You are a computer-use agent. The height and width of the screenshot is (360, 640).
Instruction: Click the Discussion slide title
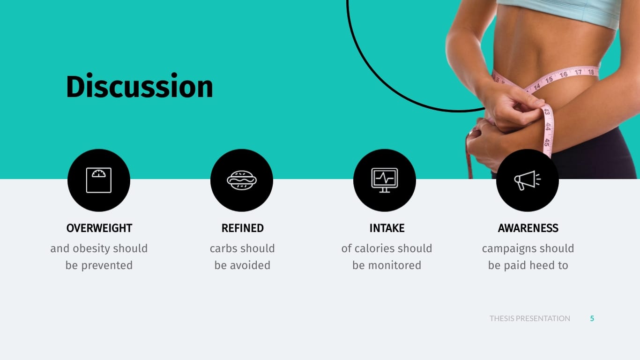[x=140, y=86]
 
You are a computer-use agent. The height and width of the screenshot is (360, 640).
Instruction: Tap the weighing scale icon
[x=99, y=180]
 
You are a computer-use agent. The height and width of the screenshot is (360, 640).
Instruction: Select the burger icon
[x=242, y=180]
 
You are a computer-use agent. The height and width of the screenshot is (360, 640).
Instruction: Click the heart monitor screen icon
[x=385, y=180]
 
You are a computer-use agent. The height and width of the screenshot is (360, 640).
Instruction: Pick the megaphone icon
[x=528, y=180]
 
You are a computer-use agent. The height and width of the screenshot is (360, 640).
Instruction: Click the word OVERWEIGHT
[x=99, y=228]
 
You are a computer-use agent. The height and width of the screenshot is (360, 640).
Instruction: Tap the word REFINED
[x=243, y=228]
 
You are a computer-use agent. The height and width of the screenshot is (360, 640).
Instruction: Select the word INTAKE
[x=387, y=228]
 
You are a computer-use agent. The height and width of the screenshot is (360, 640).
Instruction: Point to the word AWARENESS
[x=528, y=228]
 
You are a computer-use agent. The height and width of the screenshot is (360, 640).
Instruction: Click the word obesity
[x=91, y=248]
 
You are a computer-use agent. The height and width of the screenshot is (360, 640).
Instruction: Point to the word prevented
[x=107, y=266]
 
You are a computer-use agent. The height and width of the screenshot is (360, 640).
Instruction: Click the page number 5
[x=592, y=319]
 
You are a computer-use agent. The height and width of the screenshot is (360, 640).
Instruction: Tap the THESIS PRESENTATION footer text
[x=530, y=319]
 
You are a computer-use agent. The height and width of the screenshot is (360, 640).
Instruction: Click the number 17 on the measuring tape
[x=578, y=72]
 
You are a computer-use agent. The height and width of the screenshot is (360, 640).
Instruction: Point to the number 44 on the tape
[x=547, y=127]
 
